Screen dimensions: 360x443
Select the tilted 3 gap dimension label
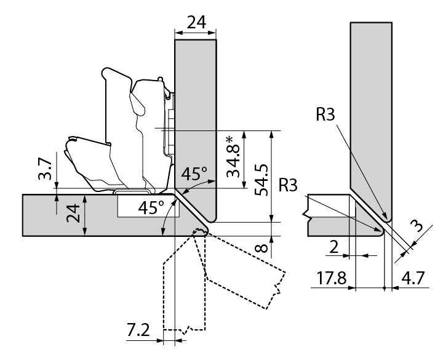[418, 227]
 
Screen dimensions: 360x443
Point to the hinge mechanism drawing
[123, 135]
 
